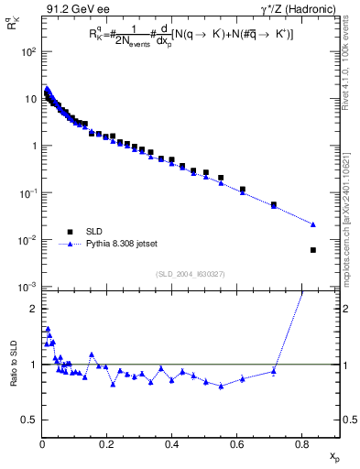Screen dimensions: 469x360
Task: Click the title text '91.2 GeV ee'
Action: pyautogui.click(x=71, y=9)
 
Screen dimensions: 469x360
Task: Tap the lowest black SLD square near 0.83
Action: pyautogui.click(x=313, y=250)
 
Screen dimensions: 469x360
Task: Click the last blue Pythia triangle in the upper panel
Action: pyautogui.click(x=313, y=224)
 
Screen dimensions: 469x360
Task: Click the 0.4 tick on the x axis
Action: pyautogui.click(x=171, y=443)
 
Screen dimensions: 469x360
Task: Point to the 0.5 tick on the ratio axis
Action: pyautogui.click(x=29, y=420)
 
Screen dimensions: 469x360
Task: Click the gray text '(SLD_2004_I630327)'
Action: pyautogui.click(x=190, y=274)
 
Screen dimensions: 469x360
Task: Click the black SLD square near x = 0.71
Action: pyautogui.click(x=274, y=205)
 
